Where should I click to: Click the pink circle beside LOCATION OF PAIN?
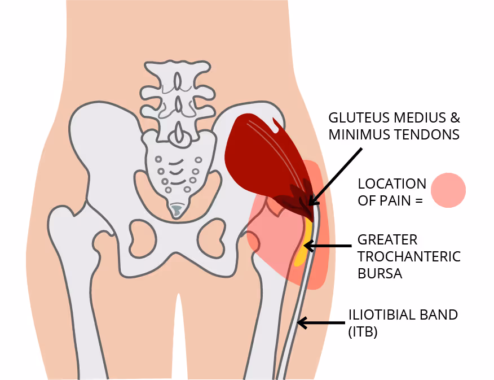pos(448,190)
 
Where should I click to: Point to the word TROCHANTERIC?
pos(409,257)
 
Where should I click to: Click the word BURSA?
pos(380,273)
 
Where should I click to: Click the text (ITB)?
pos(363,332)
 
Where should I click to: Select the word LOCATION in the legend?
pos(392,184)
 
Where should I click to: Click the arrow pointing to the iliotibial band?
pos(321,323)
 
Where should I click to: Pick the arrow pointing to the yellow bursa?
pos(327,246)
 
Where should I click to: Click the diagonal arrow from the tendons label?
pos(335,177)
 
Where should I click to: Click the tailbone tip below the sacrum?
pos(176,211)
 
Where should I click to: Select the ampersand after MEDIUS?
pos(455,117)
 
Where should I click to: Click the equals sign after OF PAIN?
pos(418,201)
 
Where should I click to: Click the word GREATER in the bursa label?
pos(387,240)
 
